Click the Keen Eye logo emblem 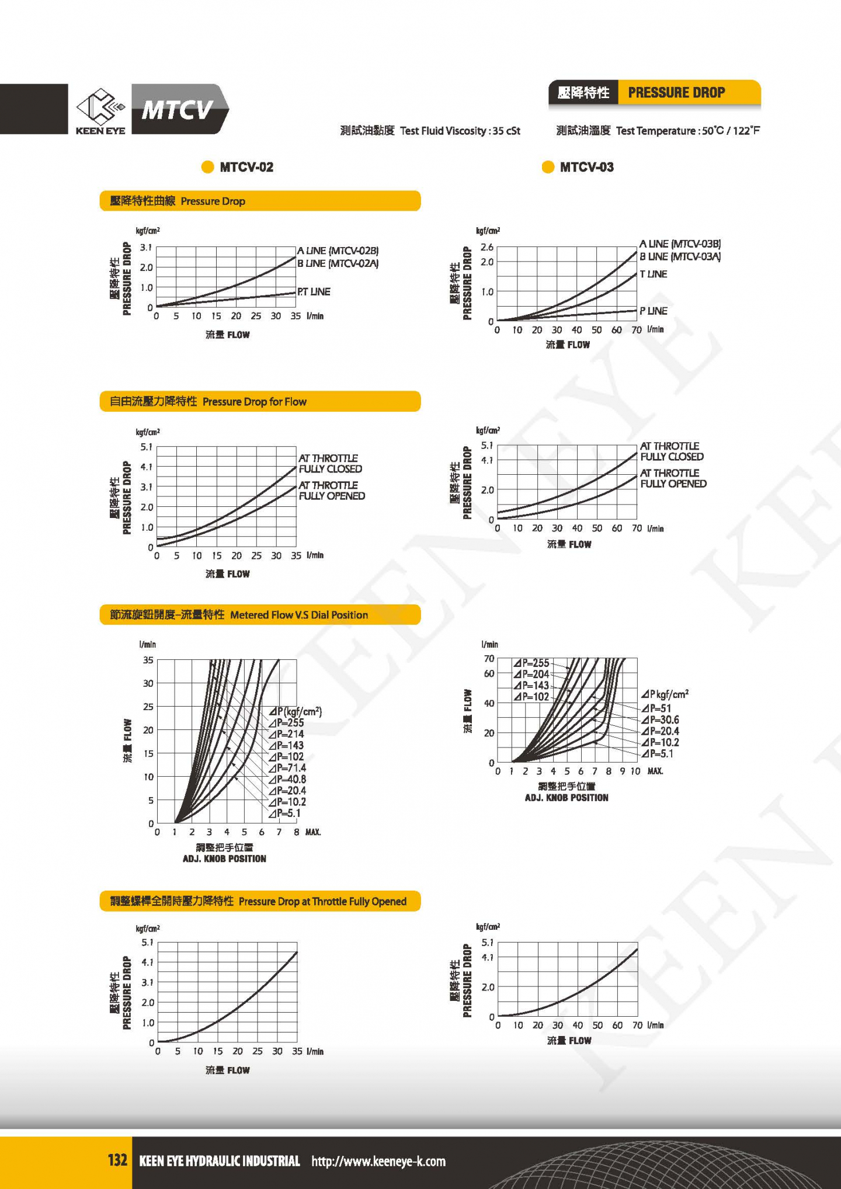(100, 106)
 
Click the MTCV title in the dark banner (177, 109)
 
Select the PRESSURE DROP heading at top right (676, 93)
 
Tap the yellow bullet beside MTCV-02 (207, 167)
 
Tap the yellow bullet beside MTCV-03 (548, 167)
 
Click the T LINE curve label (653, 274)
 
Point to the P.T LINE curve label (314, 291)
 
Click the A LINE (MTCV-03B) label (680, 244)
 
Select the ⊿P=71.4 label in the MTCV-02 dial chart (287, 768)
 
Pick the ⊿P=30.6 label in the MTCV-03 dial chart (661, 720)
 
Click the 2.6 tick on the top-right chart (487, 247)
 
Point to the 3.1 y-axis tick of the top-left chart (146, 248)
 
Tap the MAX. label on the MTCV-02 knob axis (313, 832)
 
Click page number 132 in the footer (117, 1160)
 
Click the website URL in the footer (378, 1161)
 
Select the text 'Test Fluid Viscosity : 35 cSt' (460, 131)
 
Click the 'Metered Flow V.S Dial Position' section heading (298, 615)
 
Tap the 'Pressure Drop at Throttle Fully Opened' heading (322, 902)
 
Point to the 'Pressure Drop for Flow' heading (254, 402)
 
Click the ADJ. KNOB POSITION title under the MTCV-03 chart (567, 798)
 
